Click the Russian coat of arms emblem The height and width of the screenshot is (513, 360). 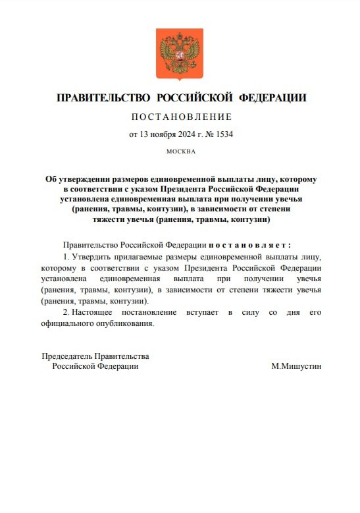click(179, 53)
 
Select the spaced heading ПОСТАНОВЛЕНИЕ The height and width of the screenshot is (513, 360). click(182, 117)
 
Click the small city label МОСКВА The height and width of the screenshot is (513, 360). click(181, 151)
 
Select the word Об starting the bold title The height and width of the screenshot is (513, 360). click(51, 179)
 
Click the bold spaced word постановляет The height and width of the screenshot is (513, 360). click(249, 244)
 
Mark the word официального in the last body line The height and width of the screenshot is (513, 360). click(67, 323)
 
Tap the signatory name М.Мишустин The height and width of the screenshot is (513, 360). click(296, 366)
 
